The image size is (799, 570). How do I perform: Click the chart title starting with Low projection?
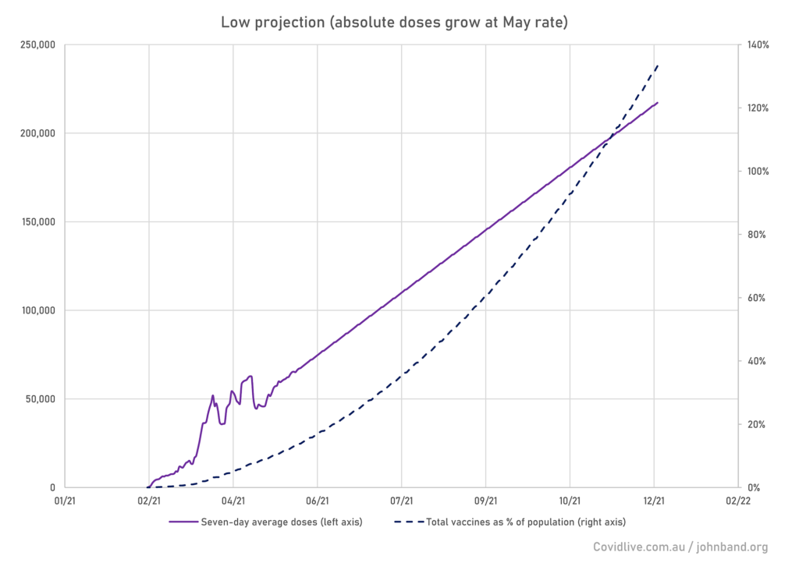click(x=394, y=22)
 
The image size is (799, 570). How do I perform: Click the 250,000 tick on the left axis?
click(x=34, y=44)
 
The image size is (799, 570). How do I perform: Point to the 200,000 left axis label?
click(x=34, y=133)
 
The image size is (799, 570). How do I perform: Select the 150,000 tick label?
click(x=34, y=221)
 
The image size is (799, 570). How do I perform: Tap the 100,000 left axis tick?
click(x=34, y=310)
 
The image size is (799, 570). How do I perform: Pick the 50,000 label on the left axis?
click(x=37, y=399)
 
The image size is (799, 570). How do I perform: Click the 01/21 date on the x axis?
click(x=65, y=501)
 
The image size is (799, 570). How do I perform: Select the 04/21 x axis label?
click(x=233, y=501)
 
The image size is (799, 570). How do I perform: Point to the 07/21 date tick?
click(x=402, y=501)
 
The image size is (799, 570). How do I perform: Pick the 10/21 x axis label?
click(x=570, y=501)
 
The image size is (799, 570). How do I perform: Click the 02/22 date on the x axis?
click(x=738, y=501)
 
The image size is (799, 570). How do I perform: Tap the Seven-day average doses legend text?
click(x=281, y=522)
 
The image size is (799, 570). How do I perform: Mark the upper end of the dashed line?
click(x=659, y=65)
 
